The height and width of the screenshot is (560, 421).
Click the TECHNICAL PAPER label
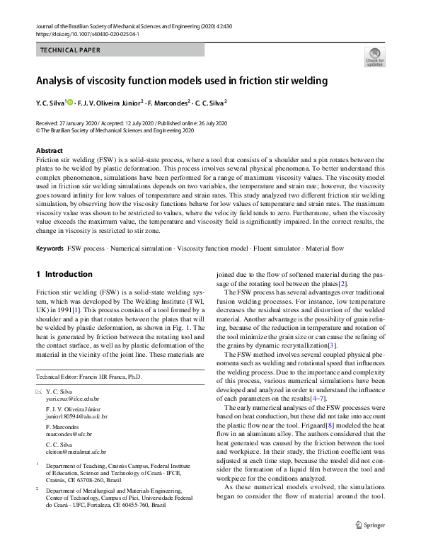71,50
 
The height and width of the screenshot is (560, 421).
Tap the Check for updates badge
374,58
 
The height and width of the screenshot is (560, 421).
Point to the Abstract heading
49,151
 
